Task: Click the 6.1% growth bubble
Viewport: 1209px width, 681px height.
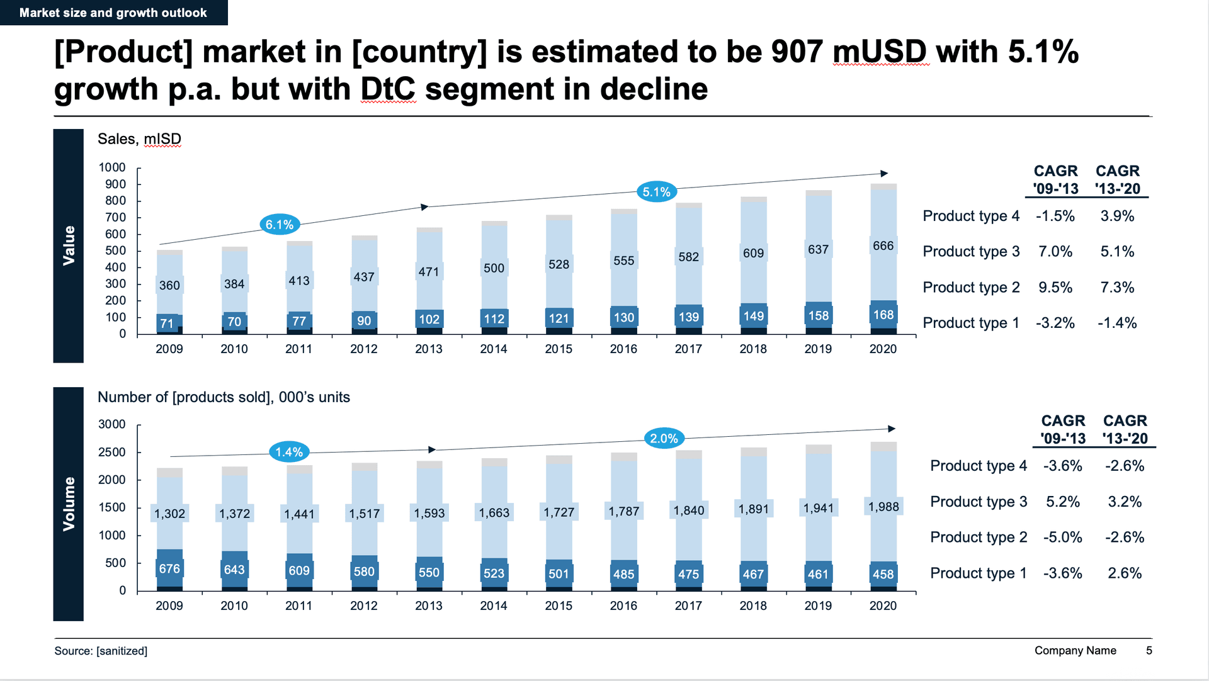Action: tap(280, 225)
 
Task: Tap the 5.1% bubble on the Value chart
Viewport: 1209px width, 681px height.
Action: tap(656, 192)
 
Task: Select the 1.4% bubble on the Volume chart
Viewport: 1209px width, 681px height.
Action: tap(289, 452)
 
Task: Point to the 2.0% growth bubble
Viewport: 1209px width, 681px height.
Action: tap(664, 439)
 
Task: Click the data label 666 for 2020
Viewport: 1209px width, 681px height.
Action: tap(883, 246)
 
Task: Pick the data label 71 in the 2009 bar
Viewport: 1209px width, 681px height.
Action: tap(167, 324)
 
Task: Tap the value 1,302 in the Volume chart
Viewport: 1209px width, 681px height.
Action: tap(170, 514)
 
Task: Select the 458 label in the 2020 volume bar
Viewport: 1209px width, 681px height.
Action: tap(883, 574)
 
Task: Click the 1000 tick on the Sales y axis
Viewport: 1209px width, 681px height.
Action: tap(112, 167)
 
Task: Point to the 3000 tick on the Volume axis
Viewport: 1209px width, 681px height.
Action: tap(112, 424)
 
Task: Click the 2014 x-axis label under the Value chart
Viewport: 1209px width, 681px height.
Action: tap(494, 349)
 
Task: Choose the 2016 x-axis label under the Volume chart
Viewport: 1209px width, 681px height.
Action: tap(623, 605)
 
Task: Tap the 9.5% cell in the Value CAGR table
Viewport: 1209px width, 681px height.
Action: tap(1055, 288)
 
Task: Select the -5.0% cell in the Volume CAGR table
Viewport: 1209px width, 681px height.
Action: tap(1063, 537)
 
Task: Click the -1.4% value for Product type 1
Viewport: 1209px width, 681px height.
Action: tap(1117, 323)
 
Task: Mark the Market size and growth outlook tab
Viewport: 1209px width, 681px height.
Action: tap(113, 13)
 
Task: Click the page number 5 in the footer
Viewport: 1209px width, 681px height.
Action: tap(1149, 650)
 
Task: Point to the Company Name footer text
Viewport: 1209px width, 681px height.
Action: tap(1075, 650)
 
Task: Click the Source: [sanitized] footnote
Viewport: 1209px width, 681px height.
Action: tap(101, 651)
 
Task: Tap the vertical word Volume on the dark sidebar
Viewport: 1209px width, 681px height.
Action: tap(69, 504)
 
